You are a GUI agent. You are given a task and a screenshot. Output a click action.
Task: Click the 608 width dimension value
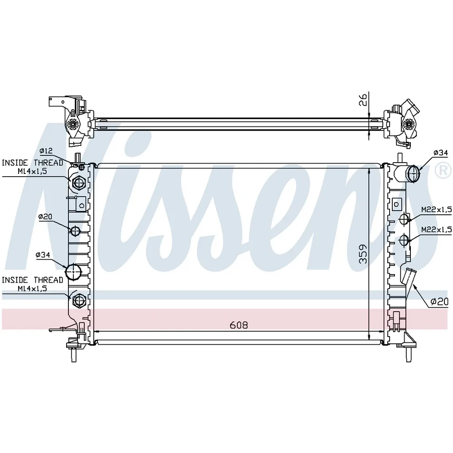pyautogui.click(x=239, y=325)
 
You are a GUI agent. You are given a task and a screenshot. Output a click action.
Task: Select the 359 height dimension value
pyautogui.click(x=363, y=254)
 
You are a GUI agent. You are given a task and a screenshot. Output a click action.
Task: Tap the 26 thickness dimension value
pyautogui.click(x=363, y=99)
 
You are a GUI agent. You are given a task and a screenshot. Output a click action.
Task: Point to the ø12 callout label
pyautogui.click(x=46, y=151)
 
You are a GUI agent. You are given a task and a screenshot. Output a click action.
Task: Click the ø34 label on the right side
pyautogui.click(x=441, y=153)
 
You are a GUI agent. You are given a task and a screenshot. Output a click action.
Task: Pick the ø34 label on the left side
pyautogui.click(x=43, y=255)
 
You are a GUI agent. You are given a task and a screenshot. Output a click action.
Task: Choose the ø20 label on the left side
pyautogui.click(x=45, y=217)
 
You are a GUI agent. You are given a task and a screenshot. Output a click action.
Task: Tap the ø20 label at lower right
pyautogui.click(x=439, y=302)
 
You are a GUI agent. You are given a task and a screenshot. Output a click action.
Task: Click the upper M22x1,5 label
pyautogui.click(x=436, y=210)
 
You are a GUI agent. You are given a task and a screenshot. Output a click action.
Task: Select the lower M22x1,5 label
pyautogui.click(x=436, y=230)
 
